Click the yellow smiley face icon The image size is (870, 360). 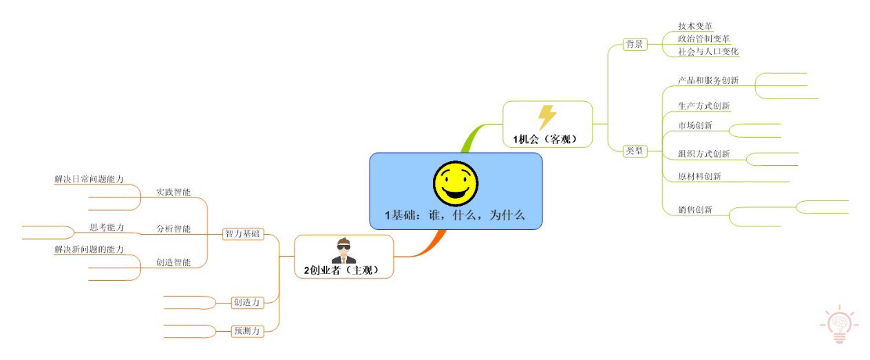[456, 183]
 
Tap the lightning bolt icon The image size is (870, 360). [547, 117]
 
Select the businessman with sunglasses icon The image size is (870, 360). [343, 251]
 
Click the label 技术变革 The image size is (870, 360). [695, 26]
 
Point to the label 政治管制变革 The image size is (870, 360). [703, 39]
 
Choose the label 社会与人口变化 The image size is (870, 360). [708, 51]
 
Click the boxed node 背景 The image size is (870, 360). [635, 44]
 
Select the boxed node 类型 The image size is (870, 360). [635, 151]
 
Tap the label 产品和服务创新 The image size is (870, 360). [708, 81]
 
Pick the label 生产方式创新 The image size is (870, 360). [703, 105]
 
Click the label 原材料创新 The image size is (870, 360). [699, 176]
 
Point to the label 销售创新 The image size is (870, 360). [695, 210]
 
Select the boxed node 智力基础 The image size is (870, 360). [243, 234]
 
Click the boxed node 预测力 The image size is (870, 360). [247, 331]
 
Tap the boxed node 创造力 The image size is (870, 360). [247, 302]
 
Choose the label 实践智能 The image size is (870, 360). [173, 192]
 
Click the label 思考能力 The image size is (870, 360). [107, 227]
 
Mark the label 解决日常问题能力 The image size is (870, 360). [89, 179]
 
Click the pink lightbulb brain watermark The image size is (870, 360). [839, 324]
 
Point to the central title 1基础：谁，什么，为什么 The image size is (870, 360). [455, 215]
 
